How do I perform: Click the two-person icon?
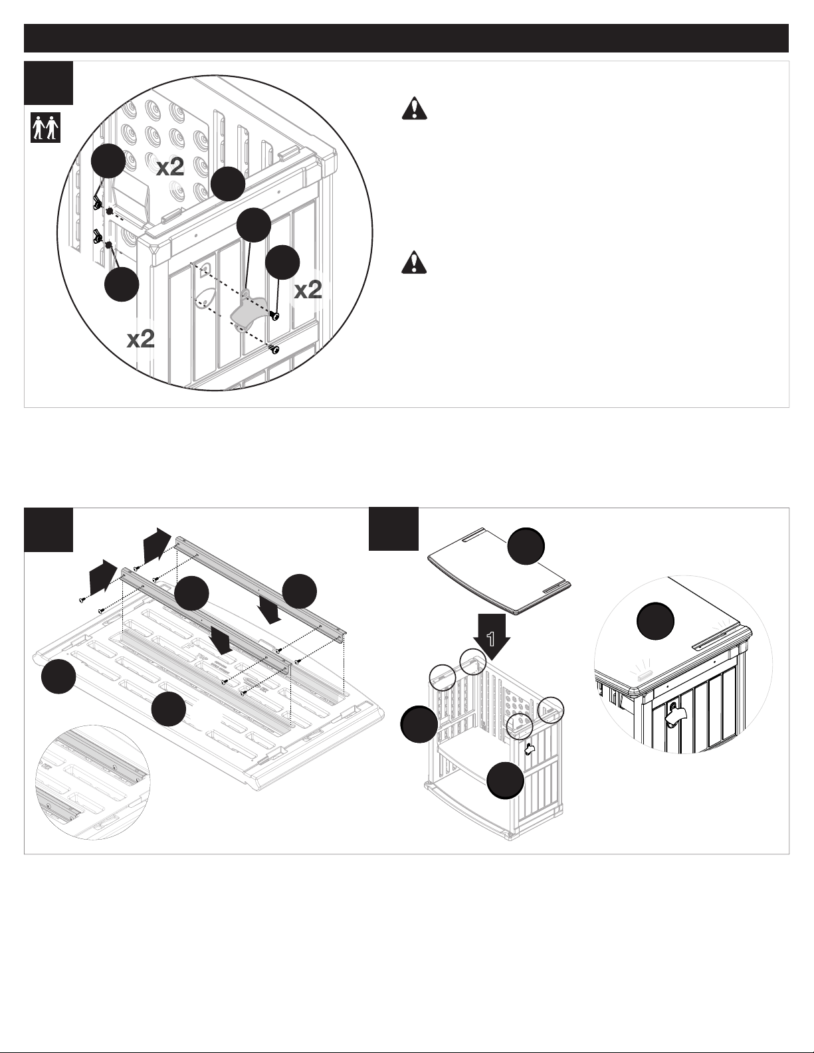[46, 128]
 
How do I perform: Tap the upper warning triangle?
[414, 108]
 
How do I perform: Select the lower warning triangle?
[414, 262]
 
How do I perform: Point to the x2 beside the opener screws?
[308, 290]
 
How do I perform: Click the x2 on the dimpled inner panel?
[170, 167]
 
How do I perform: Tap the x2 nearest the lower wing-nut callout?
[140, 339]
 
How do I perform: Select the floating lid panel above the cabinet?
[500, 571]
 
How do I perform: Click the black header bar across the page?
[406, 39]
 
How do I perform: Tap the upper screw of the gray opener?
[275, 316]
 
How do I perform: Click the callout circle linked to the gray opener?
[253, 225]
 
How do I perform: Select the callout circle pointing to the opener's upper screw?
[282, 262]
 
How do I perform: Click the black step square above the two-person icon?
[49, 83]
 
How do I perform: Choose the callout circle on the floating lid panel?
[526, 546]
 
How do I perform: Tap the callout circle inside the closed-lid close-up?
[655, 621]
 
